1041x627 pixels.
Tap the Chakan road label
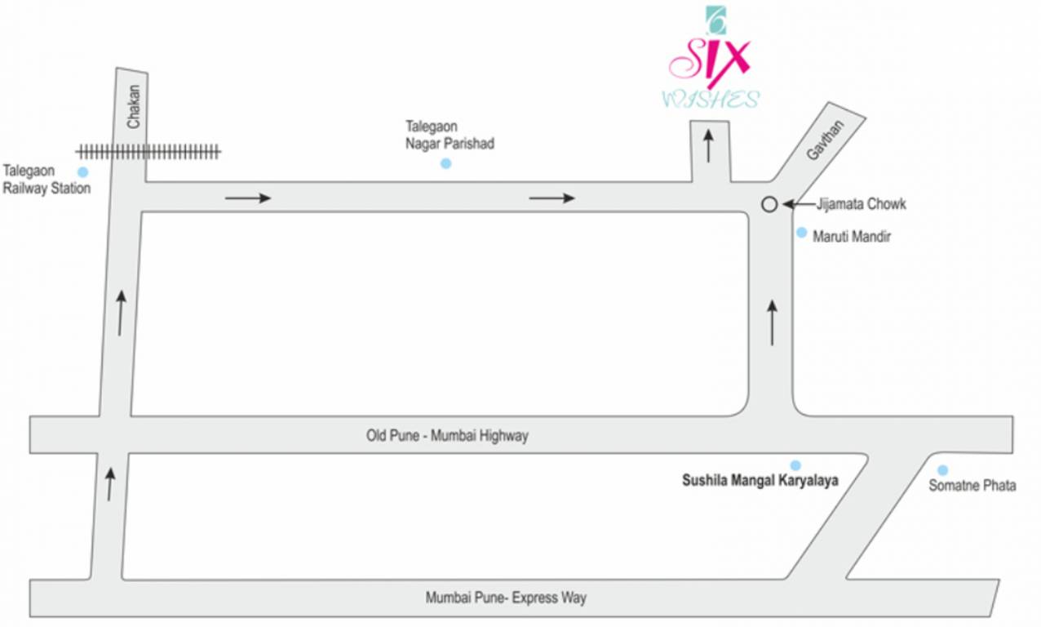134,107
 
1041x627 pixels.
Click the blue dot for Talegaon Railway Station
82,172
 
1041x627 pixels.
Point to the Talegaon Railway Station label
47,180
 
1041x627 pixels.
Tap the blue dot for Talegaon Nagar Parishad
445,163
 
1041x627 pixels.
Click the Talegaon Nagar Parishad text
450,135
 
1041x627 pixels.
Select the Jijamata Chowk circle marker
769,205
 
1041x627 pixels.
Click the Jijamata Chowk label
861,204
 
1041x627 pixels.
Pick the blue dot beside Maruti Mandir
801,233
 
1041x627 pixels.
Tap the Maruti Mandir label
852,237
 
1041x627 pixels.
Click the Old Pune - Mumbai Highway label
447,436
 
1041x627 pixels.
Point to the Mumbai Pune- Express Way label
506,598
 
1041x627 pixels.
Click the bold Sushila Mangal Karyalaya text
760,481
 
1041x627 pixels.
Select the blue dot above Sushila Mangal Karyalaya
795,465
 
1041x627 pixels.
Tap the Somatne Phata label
972,486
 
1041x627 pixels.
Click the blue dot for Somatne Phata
942,470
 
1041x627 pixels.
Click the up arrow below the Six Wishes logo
708,145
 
